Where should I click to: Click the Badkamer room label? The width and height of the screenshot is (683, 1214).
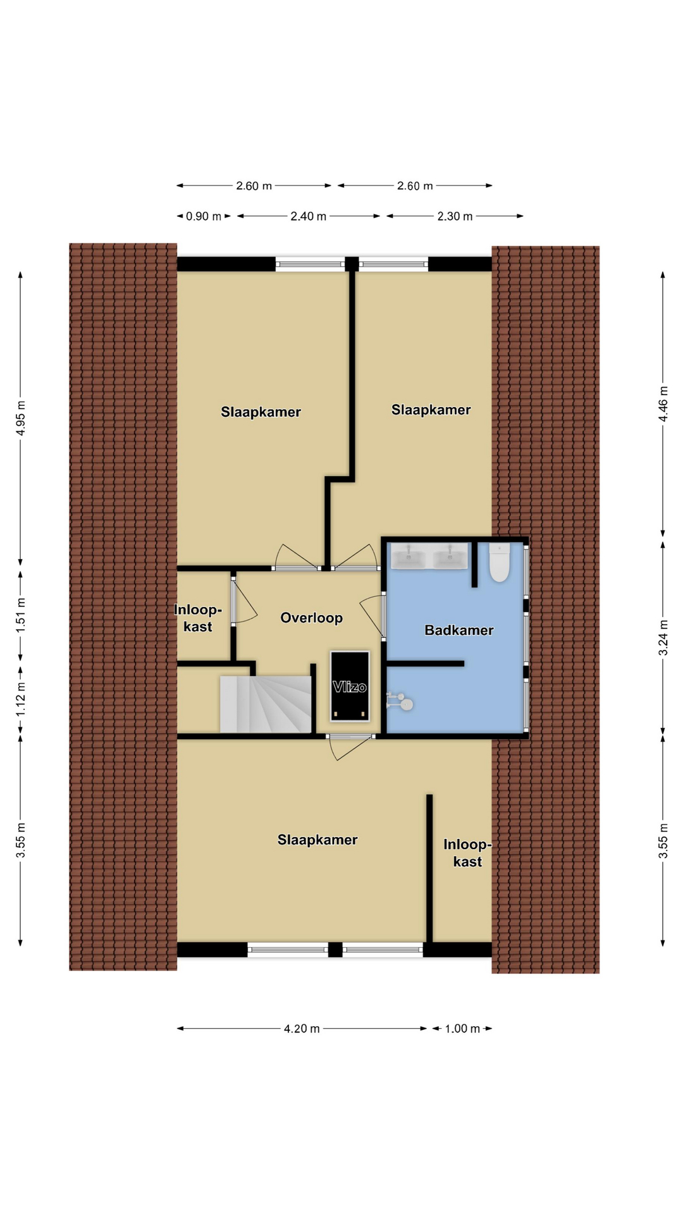click(458, 630)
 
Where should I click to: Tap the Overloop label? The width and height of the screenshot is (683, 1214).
click(311, 618)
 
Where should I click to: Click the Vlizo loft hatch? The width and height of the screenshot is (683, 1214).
click(350, 686)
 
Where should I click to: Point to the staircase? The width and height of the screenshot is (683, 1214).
click(266, 704)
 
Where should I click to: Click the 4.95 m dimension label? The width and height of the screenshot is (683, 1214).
click(21, 418)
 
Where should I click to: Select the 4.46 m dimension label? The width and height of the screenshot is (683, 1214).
click(663, 404)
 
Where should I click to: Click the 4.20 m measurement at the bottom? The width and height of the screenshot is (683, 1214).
click(302, 1029)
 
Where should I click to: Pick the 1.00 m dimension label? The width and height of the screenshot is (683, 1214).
click(462, 1029)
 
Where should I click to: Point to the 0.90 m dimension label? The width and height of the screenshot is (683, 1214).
click(204, 216)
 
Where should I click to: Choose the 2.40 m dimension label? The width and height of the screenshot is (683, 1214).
click(309, 216)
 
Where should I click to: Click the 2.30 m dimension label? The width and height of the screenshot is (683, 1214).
click(455, 216)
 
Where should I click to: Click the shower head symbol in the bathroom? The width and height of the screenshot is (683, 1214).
click(400, 701)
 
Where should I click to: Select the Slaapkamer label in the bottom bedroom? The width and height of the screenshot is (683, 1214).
click(317, 840)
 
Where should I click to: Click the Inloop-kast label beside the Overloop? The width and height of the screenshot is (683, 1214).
click(198, 618)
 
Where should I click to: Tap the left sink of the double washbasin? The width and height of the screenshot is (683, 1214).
click(409, 556)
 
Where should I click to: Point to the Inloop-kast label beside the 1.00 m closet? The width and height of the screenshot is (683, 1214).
click(467, 853)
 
